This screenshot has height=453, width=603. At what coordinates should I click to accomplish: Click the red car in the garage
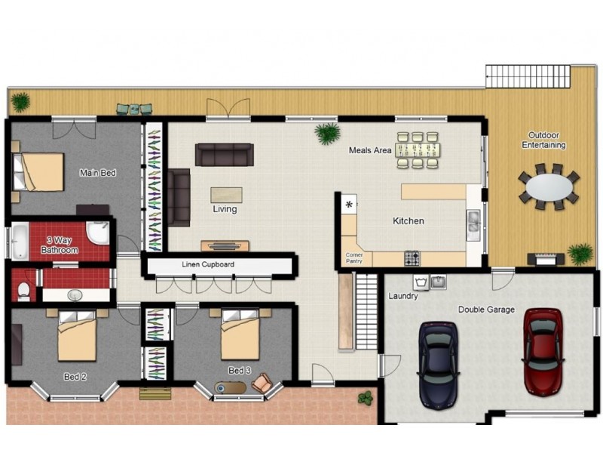543,352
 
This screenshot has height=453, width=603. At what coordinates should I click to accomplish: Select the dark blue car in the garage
439,364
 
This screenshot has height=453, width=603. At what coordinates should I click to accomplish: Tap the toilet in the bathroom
24,291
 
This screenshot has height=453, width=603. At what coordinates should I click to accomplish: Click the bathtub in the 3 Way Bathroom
20,242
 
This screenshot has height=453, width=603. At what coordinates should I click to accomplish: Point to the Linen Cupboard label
208,265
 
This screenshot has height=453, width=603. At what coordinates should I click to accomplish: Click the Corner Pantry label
354,258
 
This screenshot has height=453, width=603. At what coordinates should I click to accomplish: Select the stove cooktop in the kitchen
412,258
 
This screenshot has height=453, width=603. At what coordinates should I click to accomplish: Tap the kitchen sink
473,225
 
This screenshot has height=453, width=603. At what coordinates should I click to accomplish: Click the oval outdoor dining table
549,187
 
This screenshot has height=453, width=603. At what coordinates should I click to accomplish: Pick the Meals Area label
370,150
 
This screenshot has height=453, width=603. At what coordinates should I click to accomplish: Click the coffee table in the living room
226,195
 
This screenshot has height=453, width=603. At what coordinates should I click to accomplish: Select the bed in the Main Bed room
38,172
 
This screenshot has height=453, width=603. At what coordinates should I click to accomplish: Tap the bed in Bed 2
77,335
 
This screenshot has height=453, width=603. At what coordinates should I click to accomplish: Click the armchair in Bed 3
262,383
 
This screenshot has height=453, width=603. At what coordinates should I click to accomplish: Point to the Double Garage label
486,310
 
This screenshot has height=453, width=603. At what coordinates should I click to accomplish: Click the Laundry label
403,296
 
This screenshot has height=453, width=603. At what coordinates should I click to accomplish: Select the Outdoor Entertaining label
543,140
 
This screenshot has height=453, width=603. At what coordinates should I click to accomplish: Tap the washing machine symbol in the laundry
421,282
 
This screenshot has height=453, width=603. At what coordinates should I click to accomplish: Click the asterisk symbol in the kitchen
349,205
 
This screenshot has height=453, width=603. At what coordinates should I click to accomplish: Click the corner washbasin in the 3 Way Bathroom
97,233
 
